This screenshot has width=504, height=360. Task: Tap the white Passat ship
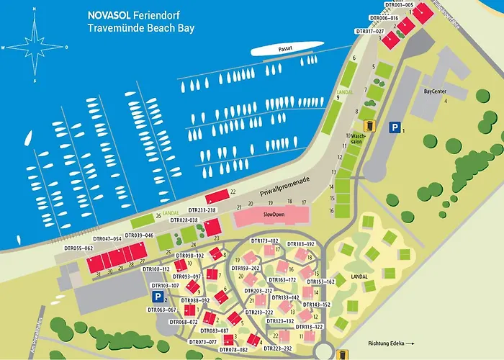(x=287, y=48)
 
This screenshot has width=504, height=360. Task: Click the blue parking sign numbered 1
(x=394, y=127)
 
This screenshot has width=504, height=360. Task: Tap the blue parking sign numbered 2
(x=157, y=296)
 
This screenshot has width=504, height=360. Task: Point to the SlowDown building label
(x=274, y=215)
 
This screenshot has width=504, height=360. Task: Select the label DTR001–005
(x=399, y=5)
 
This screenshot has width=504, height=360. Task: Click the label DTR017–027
(x=370, y=32)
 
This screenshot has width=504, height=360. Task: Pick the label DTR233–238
(x=201, y=210)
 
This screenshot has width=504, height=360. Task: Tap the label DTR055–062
(x=78, y=248)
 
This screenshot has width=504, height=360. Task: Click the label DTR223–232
(x=278, y=348)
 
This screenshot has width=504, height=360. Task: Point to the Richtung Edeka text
(x=387, y=343)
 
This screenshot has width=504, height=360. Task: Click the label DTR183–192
(x=302, y=244)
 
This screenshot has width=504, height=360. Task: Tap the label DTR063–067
(x=161, y=310)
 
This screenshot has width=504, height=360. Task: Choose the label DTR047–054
(x=107, y=238)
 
